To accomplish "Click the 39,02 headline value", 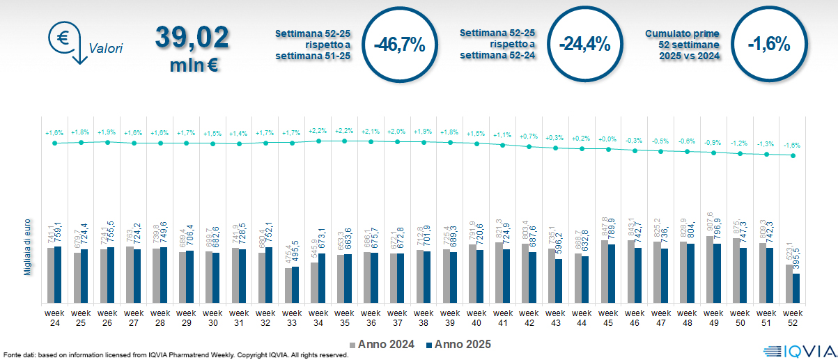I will pyautogui.click(x=192, y=38).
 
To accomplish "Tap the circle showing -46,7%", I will pyautogui.click(x=399, y=45).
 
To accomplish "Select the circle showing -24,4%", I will pyautogui.click(x=584, y=45).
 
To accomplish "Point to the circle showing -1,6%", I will pyautogui.click(x=769, y=45).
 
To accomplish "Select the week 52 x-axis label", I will pyautogui.click(x=793, y=317).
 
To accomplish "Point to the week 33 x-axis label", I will pyautogui.click(x=291, y=317).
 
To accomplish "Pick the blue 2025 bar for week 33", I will pyautogui.click(x=295, y=285).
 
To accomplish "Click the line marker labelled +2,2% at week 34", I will pyautogui.click(x=318, y=141).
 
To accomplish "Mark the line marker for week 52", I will pyautogui.click(x=793, y=155).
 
